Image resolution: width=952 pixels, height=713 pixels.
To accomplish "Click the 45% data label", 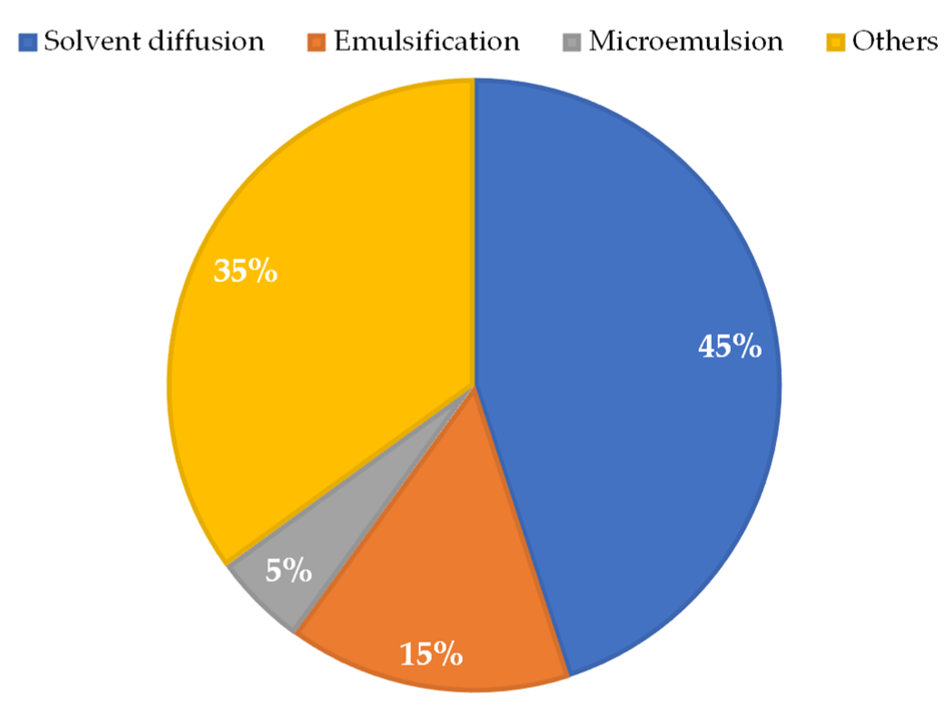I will pos(730,346).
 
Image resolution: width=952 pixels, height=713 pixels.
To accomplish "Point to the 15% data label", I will pos(431,653).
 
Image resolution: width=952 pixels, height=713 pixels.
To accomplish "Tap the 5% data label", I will pos(289,570).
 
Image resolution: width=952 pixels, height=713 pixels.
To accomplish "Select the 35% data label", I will pos(245,271).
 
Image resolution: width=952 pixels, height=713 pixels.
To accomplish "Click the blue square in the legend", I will pos(28,42).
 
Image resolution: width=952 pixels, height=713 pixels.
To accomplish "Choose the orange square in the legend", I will pos(317,42).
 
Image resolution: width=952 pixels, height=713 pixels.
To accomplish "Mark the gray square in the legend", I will pos(572,42).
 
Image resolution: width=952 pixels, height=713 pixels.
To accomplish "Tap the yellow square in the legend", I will pos(835,42).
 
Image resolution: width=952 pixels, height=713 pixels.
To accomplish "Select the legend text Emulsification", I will pos(427,41).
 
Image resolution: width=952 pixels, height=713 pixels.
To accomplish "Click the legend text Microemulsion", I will pos(686,41).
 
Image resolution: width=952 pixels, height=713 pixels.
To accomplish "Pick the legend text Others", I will pos(895,41).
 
